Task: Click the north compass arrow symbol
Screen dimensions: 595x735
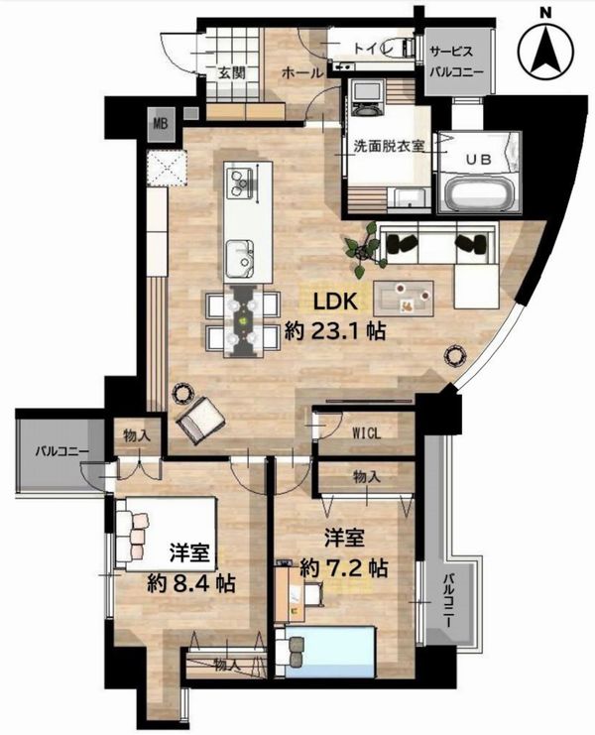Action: pos(545,51)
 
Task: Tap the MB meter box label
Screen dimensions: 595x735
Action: pos(162,124)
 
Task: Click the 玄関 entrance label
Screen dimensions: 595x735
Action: pos(232,72)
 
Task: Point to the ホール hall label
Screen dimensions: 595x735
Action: pos(302,72)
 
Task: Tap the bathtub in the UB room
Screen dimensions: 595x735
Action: pos(479,194)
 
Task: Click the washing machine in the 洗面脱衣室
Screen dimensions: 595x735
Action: pos(367,97)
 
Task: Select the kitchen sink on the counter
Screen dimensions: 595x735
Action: pos(240,258)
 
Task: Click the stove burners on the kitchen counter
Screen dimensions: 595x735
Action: pos(239,182)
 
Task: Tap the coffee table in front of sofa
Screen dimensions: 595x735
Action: pos(404,299)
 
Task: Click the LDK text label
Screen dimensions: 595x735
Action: pos(335,302)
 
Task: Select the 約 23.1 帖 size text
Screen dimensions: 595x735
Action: pos(335,331)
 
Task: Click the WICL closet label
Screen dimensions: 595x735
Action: pos(366,433)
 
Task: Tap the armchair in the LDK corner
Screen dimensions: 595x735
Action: pos(200,419)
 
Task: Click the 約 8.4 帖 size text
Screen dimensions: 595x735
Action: pos(190,583)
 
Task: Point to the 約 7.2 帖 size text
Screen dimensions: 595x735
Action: pos(343,568)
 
